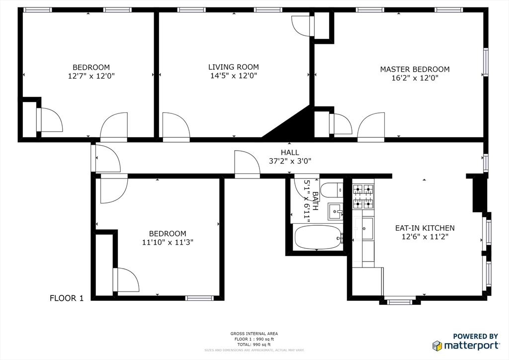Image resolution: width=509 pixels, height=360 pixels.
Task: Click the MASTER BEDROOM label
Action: [x=415, y=69]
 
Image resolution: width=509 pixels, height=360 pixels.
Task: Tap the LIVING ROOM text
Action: [x=233, y=67]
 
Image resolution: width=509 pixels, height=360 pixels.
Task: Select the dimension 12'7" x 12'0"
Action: [x=91, y=76]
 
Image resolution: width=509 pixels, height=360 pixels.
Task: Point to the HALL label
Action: [x=290, y=153]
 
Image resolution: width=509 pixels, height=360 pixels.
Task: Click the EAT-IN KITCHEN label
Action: [x=424, y=228]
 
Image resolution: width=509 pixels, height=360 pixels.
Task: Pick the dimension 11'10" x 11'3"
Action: [x=168, y=242]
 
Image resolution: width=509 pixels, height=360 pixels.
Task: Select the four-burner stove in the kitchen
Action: [x=363, y=196]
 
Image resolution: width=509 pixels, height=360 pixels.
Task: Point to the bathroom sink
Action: [x=336, y=212]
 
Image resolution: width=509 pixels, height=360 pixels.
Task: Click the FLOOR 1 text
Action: [x=67, y=298]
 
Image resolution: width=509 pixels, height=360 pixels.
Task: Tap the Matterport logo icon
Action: [x=437, y=346]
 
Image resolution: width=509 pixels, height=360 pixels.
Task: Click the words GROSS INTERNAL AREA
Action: [x=254, y=334]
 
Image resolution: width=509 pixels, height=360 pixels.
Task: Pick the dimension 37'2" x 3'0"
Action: [x=290, y=161]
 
